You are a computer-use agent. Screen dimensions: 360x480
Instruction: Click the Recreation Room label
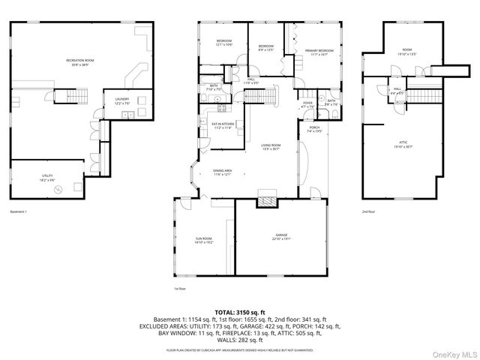coord(79,61)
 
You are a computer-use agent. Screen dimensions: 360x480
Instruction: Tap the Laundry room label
coord(121,100)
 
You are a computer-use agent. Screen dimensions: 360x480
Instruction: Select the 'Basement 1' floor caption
coord(19,211)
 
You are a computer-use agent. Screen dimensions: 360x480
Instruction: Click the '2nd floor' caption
coord(367,211)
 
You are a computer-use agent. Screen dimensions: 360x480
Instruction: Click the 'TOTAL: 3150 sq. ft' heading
coord(240,311)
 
